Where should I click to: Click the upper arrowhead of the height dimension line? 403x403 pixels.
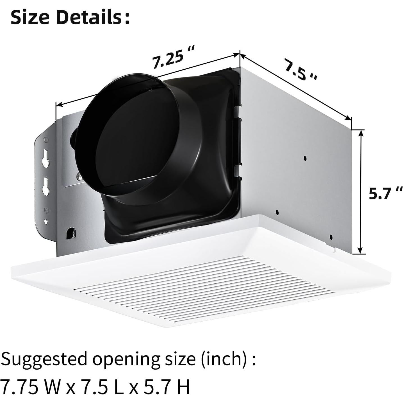tap(361, 133)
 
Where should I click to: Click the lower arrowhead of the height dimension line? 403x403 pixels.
tap(361, 251)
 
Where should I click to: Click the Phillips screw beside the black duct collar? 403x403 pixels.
tap(79, 176)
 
